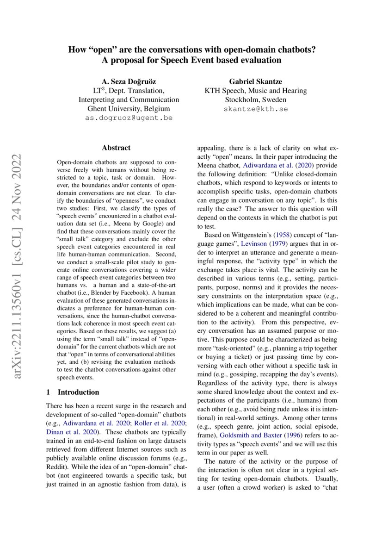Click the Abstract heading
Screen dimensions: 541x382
(x=116, y=148)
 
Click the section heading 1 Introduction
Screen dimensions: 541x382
(x=73, y=392)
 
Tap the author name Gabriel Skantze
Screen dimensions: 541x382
(x=255, y=81)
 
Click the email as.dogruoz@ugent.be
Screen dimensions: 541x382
(x=129, y=118)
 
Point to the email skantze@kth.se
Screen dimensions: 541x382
(x=255, y=109)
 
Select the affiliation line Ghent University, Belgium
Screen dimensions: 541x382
(x=129, y=109)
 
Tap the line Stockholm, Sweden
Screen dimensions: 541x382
(x=255, y=99)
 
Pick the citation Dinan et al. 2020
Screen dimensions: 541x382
(x=70, y=431)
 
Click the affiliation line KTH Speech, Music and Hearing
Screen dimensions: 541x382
(x=255, y=91)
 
